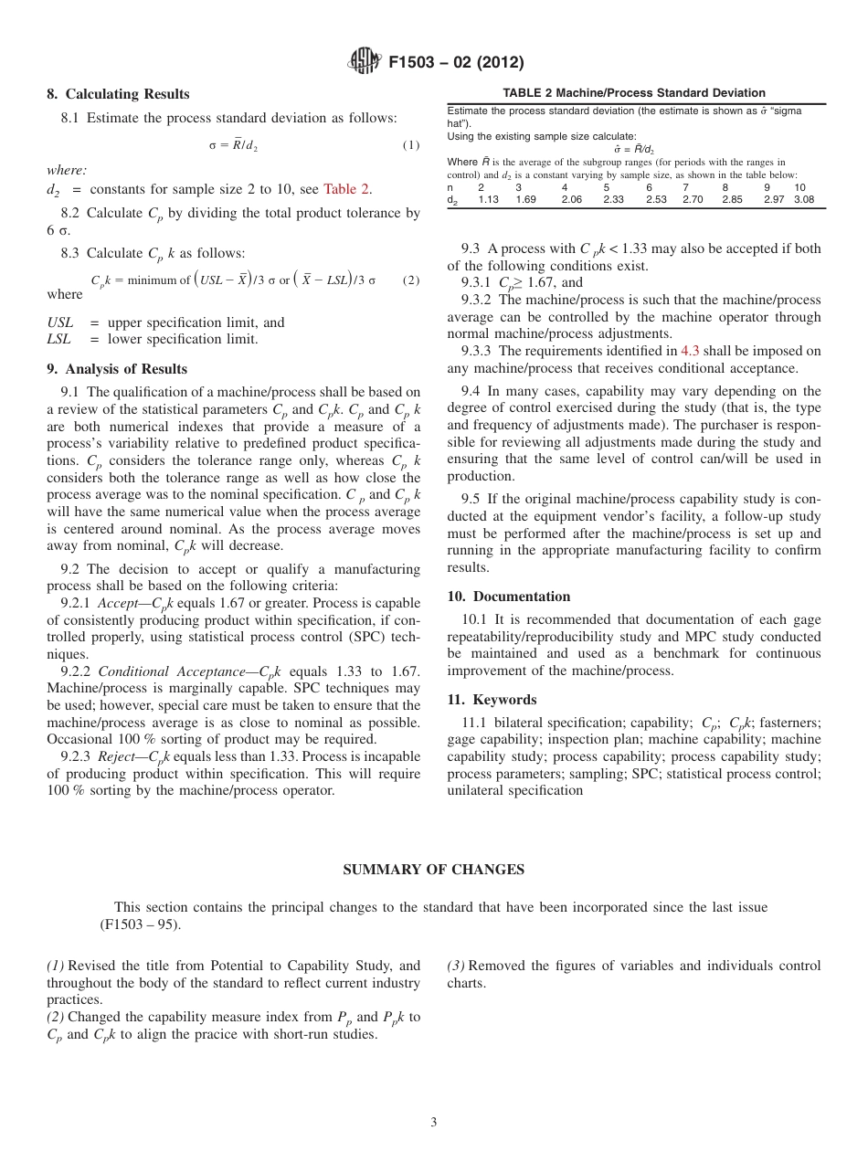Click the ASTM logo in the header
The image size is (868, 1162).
point(365,62)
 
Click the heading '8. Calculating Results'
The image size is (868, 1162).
point(118,94)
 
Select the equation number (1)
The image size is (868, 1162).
point(411,145)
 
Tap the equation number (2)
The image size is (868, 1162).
point(411,280)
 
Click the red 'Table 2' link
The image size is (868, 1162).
point(347,189)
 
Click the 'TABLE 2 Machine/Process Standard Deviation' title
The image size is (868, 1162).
point(634,93)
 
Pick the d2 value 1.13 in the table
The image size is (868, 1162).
point(489,199)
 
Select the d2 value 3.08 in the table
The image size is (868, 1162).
point(803,199)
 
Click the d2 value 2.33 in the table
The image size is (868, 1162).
point(613,199)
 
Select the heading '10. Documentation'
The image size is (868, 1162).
point(508,597)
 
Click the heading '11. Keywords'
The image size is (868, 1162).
point(492,700)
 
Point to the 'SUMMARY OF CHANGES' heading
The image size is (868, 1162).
point(433,870)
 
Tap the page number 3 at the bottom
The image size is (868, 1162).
point(434,1122)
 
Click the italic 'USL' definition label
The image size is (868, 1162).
point(60,322)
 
